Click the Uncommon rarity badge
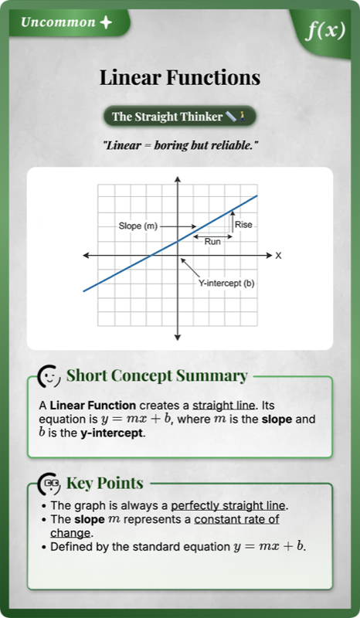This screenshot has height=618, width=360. [66, 22]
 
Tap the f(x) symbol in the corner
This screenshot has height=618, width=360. [324, 30]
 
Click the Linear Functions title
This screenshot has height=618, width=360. [179, 78]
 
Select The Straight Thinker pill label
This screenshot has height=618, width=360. [179, 117]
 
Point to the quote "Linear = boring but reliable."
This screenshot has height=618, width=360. [179, 145]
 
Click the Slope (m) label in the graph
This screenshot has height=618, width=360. [138, 226]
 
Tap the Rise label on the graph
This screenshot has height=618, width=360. [244, 225]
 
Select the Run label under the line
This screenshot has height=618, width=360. [212, 242]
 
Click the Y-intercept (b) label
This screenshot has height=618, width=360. [226, 284]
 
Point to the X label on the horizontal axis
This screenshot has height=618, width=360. [279, 255]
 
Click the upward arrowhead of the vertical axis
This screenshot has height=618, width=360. [178, 181]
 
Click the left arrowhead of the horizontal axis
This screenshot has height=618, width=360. [87, 255]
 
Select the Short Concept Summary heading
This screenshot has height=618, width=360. [157, 376]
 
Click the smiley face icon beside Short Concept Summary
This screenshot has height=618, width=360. [50, 376]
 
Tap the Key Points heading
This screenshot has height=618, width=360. [105, 484]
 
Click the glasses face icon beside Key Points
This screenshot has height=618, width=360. [50, 484]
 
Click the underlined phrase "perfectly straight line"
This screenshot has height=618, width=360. [229, 506]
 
